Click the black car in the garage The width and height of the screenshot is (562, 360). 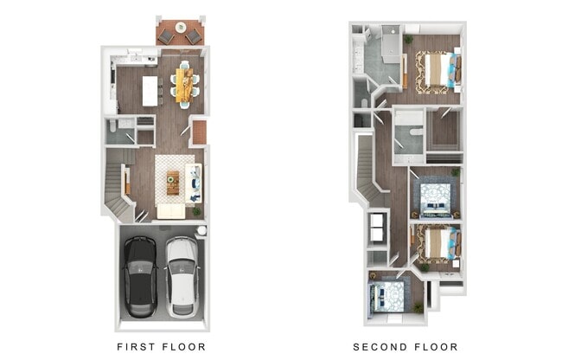(139, 276)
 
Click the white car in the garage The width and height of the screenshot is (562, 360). (182, 276)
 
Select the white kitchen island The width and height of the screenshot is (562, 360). (150, 90)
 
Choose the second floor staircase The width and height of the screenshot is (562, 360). (367, 169)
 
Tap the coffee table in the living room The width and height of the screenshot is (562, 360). (172, 183)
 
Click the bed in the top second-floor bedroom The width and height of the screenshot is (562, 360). (436, 71)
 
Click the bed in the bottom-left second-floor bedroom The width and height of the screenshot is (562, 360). (388, 298)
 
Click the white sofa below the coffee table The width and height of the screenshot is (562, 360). (170, 210)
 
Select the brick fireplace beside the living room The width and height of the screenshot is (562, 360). (200, 132)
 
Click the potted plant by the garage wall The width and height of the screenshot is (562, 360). (197, 209)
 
